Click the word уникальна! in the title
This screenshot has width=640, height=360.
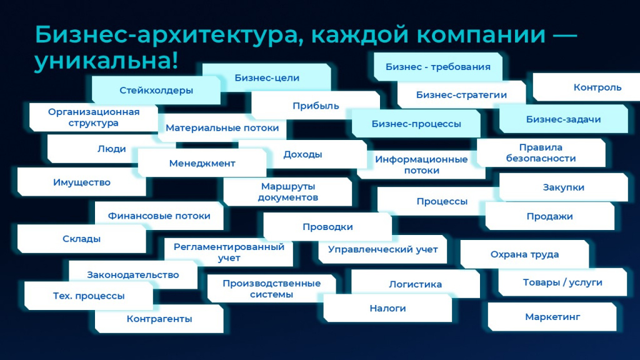(x=106, y=61)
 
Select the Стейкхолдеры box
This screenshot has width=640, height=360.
(x=156, y=90)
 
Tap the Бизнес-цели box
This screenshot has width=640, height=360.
(x=267, y=77)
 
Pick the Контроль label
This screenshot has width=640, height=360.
(x=597, y=87)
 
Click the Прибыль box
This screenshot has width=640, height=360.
(x=316, y=105)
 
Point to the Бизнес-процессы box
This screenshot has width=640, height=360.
(x=416, y=123)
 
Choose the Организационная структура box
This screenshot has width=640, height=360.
(x=94, y=117)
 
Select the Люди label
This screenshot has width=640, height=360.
(x=111, y=149)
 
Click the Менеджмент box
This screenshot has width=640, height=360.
(x=202, y=163)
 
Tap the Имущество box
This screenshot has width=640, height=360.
(x=82, y=182)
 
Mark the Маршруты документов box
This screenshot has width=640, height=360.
(x=287, y=191)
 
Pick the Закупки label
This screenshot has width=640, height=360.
(x=563, y=187)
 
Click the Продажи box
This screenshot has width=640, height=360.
(x=550, y=216)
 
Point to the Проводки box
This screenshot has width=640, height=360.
(x=327, y=226)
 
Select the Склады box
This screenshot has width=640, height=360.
(x=82, y=238)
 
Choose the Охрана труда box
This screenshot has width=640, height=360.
(x=524, y=254)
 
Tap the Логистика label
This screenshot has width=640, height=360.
(x=415, y=284)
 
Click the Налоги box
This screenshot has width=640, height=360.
(x=387, y=308)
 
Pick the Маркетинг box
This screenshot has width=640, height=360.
(x=552, y=317)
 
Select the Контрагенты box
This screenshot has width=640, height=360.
(x=159, y=319)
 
